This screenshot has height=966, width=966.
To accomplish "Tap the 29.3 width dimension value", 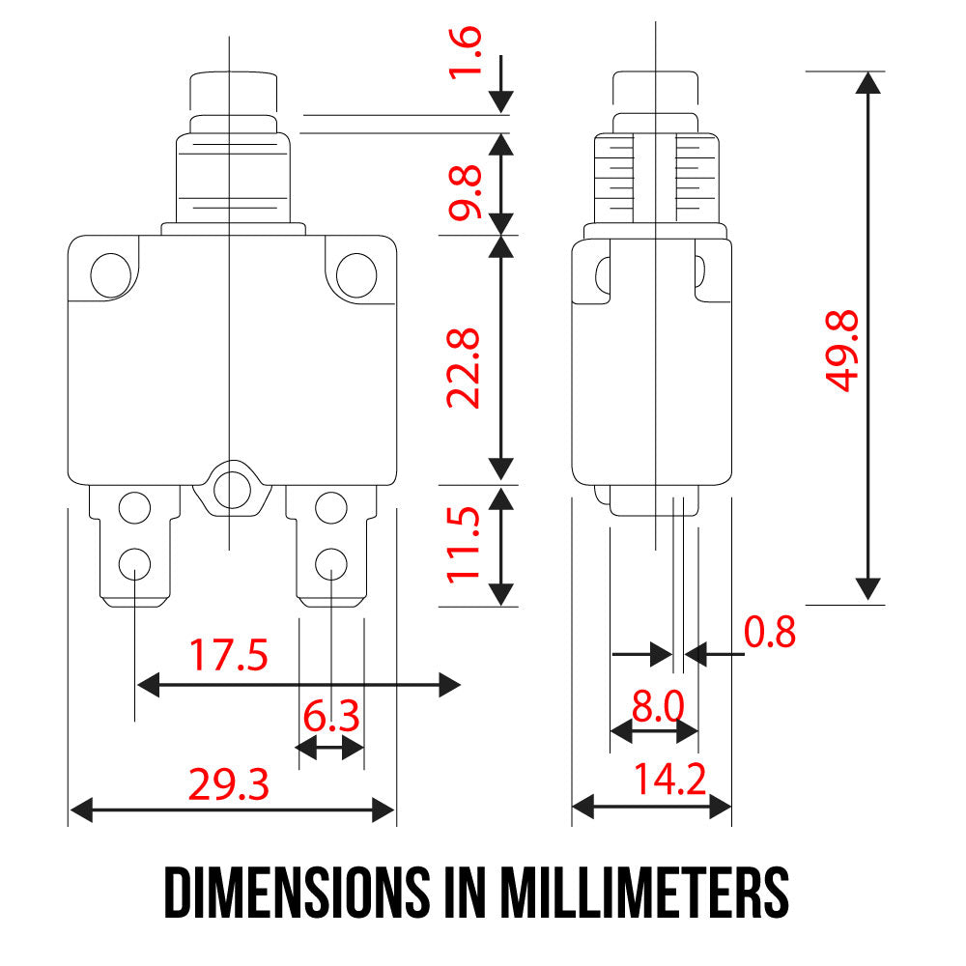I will click(228, 786).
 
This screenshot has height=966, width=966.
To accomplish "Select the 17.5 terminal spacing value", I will click(228, 656).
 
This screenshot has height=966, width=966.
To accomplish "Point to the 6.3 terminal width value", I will click(330, 718).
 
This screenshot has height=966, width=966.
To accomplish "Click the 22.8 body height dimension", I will click(464, 368).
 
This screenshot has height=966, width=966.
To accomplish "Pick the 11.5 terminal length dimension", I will click(464, 546).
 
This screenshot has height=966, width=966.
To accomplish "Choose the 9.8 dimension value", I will click(464, 193).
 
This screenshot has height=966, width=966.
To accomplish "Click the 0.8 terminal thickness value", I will click(770, 633).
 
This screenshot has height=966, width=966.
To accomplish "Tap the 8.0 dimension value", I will click(657, 707).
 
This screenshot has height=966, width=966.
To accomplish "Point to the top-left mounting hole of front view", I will click(111, 274).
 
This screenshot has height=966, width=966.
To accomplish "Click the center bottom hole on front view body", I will click(231, 487).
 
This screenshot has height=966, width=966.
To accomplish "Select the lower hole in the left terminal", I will click(135, 562).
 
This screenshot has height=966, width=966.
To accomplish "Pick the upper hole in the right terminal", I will click(331, 506).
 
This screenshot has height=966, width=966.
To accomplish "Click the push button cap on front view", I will click(231, 92).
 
